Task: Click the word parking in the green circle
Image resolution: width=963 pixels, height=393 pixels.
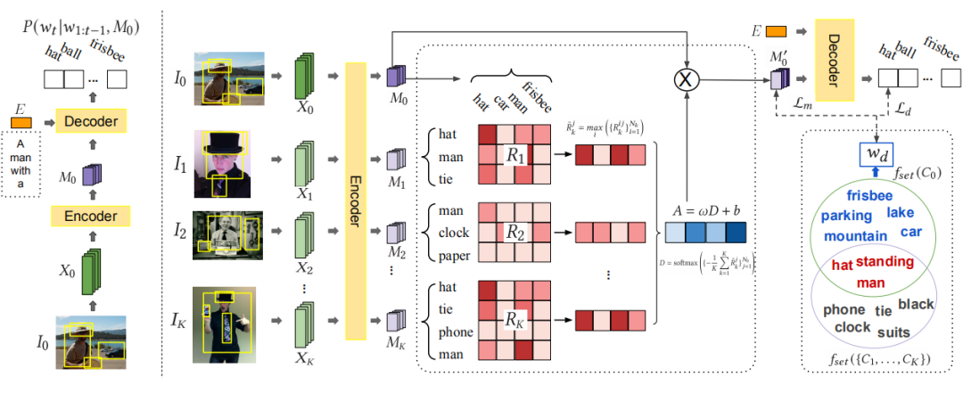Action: pyautogui.click(x=846, y=216)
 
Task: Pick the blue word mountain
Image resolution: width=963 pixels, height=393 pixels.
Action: pyautogui.click(x=855, y=236)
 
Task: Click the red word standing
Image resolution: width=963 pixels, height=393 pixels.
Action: pyautogui.click(x=885, y=262)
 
